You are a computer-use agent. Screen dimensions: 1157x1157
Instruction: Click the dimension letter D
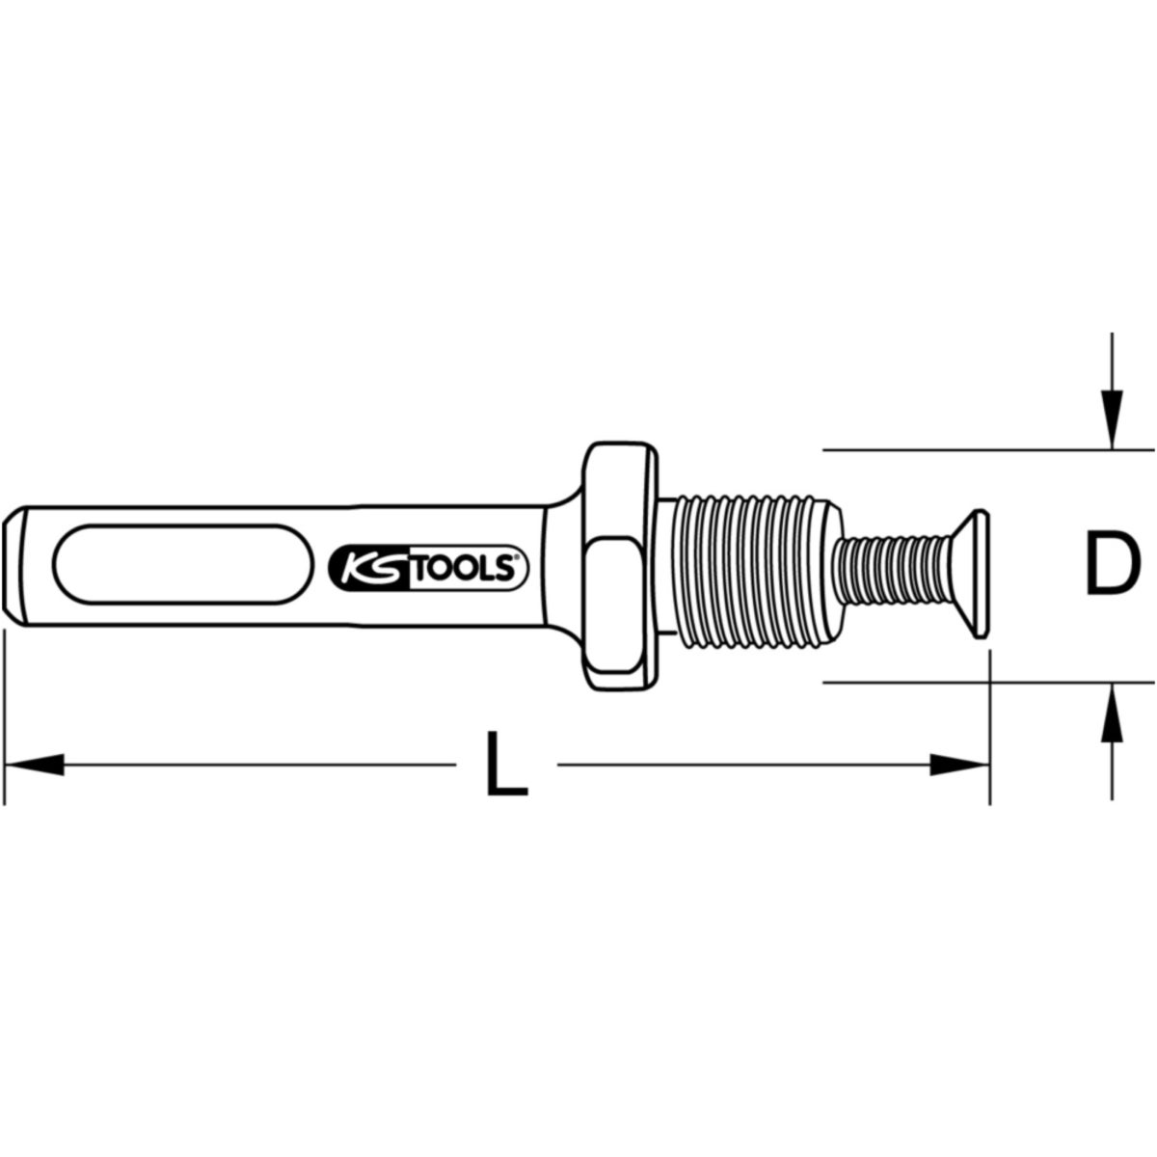[1113, 564]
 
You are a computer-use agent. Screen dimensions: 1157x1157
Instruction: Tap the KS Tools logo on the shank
[428, 568]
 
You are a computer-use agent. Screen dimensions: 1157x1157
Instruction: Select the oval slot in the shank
[183, 563]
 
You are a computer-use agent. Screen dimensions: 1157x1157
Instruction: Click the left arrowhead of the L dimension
[34, 765]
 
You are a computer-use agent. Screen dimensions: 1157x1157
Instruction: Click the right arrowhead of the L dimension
[958, 765]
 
